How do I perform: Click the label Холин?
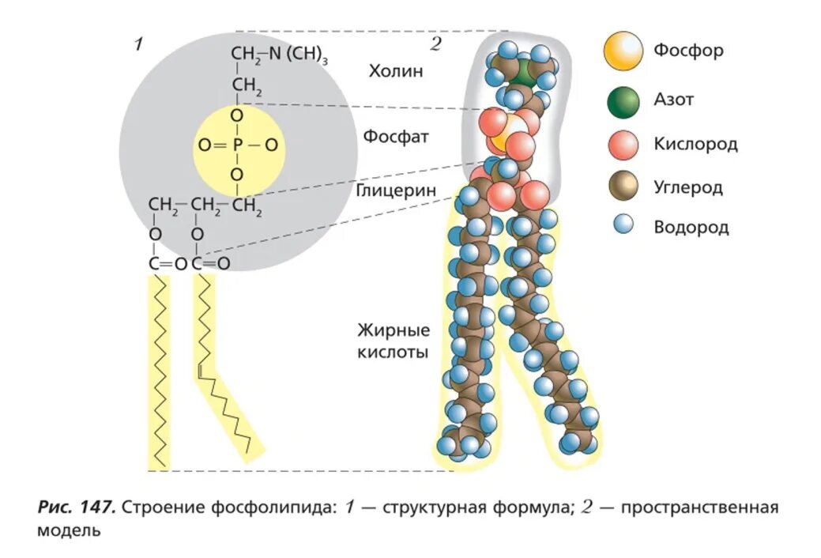(396, 71)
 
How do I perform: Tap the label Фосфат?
(396, 136)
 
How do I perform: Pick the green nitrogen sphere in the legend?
(623, 100)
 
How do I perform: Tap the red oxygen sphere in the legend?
(623, 145)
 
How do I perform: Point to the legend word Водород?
(691, 228)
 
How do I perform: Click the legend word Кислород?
(696, 145)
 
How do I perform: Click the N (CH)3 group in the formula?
(296, 54)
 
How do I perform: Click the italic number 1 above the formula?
(138, 44)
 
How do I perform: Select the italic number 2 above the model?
(435, 44)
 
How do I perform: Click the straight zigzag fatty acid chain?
(160, 371)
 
